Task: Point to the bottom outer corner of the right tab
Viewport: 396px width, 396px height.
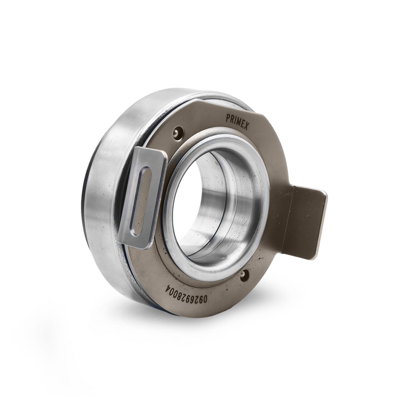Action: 317,258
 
